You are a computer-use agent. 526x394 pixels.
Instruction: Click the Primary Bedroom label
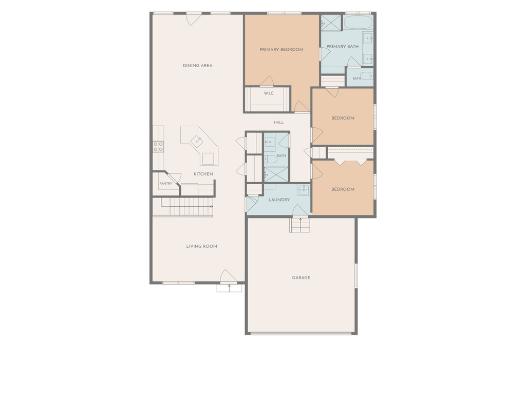(281, 50)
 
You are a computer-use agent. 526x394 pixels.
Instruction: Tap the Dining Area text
(198, 66)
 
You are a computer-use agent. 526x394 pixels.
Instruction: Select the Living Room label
(201, 246)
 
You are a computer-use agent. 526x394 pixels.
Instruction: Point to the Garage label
(301, 278)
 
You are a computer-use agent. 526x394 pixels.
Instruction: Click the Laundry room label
(279, 200)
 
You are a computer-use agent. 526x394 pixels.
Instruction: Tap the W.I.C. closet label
(269, 93)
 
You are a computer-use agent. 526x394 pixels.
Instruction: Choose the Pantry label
(166, 184)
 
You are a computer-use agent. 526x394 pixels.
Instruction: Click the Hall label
(278, 123)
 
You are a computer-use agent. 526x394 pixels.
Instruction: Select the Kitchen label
(203, 174)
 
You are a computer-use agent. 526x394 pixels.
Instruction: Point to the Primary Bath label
(343, 47)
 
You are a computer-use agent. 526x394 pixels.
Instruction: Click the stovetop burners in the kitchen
(158, 147)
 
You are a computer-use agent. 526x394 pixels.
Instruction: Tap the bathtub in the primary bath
(358, 23)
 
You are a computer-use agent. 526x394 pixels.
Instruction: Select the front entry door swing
(229, 276)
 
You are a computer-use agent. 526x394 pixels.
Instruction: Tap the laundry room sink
(304, 190)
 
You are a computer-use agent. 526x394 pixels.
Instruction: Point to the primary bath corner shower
(331, 23)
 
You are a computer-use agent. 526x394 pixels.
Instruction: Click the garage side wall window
(356, 275)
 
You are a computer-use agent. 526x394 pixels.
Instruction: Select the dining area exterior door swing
(194, 19)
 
